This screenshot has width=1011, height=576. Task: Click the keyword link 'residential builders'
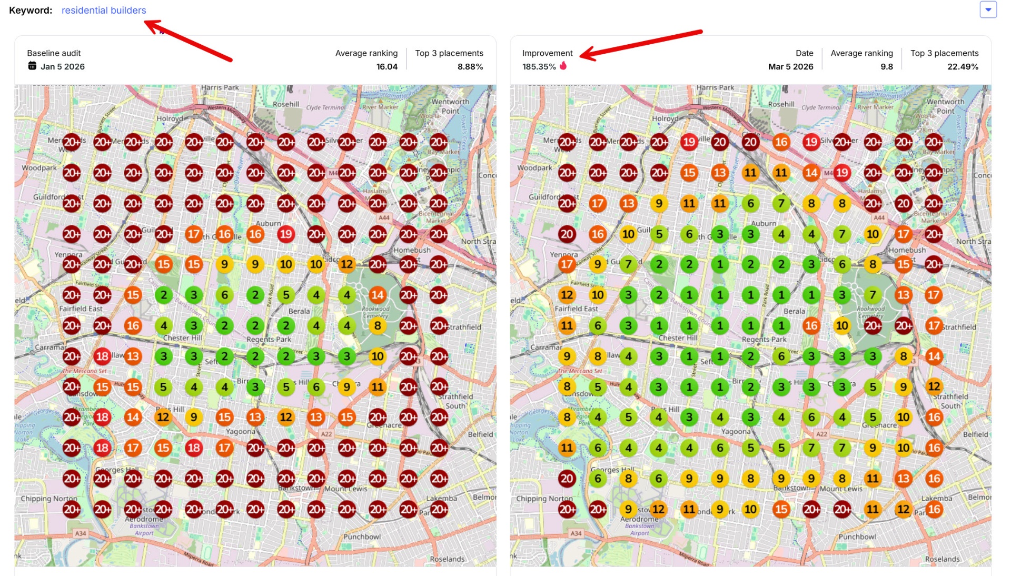[x=104, y=11]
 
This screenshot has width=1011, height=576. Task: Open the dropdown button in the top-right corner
[x=988, y=9]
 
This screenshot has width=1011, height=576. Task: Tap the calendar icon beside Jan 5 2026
[x=32, y=66]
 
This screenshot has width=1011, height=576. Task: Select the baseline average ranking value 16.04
[x=386, y=67]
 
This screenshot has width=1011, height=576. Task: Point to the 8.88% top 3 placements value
[x=470, y=67]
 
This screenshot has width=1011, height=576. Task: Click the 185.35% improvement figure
[x=539, y=67]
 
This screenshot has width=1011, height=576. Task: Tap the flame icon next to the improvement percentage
[x=563, y=66]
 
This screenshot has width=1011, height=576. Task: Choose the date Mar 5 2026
[x=790, y=67]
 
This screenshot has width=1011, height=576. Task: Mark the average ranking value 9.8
[x=887, y=67]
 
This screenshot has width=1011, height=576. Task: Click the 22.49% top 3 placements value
[x=963, y=67]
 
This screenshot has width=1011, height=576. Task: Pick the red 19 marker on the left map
[x=286, y=234]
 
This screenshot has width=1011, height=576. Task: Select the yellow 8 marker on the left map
[x=378, y=326]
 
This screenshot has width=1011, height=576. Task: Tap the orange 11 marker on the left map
[x=378, y=387]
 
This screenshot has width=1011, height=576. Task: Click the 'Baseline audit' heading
[x=54, y=53]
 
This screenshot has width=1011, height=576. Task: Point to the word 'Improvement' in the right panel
[x=547, y=53]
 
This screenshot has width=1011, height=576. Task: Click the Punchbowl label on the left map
[x=362, y=537]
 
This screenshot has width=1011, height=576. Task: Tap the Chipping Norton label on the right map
[x=544, y=499]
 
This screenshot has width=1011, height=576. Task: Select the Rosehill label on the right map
[x=781, y=104]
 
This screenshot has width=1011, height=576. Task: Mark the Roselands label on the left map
[x=447, y=559]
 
